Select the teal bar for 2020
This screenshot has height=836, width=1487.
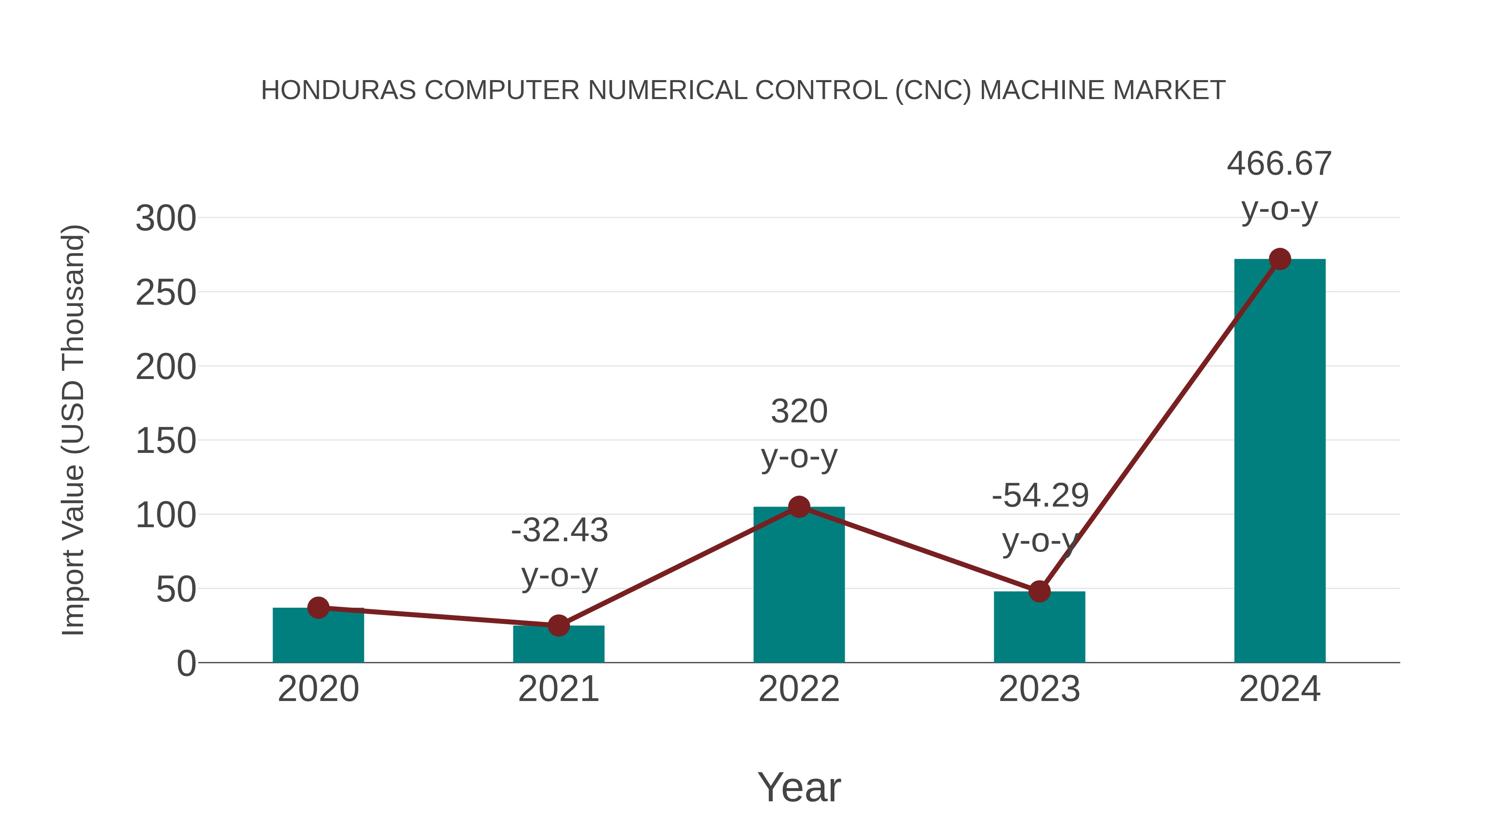(x=318, y=637)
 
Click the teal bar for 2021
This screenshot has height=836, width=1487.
(x=558, y=646)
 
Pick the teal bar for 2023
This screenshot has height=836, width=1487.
(x=1039, y=629)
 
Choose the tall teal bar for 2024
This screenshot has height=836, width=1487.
(x=1280, y=462)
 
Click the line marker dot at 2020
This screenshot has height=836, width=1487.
(x=318, y=608)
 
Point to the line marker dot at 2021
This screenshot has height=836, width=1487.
(x=558, y=625)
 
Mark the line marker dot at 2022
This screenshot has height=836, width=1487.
(x=799, y=507)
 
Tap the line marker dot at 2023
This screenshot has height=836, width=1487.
(x=1039, y=591)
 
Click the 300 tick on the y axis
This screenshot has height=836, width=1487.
(x=166, y=219)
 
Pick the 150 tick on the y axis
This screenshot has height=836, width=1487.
(x=166, y=441)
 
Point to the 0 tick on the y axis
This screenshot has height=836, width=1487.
(x=186, y=663)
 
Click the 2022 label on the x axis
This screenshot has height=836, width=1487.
(x=799, y=689)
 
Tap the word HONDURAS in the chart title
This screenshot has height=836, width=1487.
(x=338, y=90)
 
